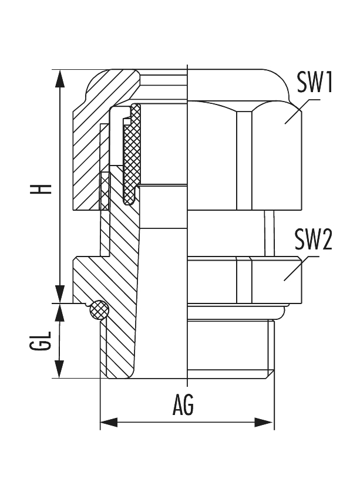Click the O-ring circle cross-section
pos(99,311)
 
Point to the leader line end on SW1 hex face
pos(287,122)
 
